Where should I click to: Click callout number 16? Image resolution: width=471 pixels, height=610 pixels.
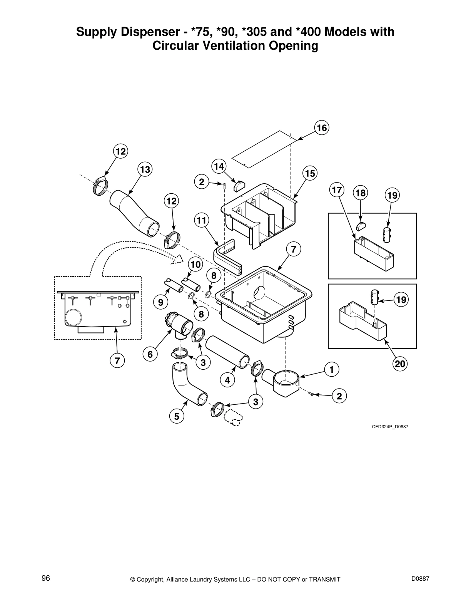322,127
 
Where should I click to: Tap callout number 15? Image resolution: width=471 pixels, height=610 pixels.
309,174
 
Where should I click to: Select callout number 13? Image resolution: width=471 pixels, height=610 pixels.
145,169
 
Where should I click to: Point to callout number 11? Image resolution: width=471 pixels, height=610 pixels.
201,221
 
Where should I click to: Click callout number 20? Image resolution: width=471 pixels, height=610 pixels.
400,364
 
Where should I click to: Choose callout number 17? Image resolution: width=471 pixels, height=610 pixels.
337,190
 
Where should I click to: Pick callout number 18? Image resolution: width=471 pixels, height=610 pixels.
361,193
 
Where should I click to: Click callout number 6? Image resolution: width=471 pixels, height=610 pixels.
150,354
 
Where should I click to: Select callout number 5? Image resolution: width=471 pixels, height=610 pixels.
177,416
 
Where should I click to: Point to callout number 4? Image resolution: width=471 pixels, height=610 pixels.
227,380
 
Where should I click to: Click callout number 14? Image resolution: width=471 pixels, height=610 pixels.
219,166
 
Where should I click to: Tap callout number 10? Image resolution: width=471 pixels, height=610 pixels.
195,265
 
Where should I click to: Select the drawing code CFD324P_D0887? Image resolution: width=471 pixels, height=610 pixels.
389,426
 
